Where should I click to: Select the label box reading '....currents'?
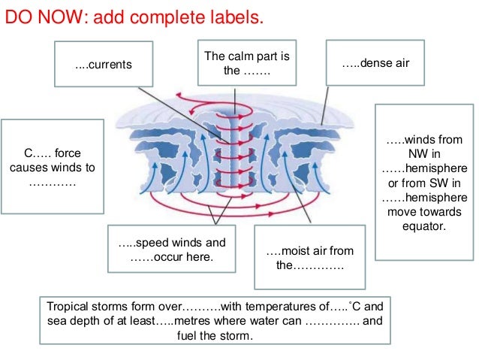click(x=104, y=65)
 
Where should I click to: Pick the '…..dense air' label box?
click(x=375, y=63)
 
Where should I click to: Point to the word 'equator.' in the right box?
click(x=425, y=225)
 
